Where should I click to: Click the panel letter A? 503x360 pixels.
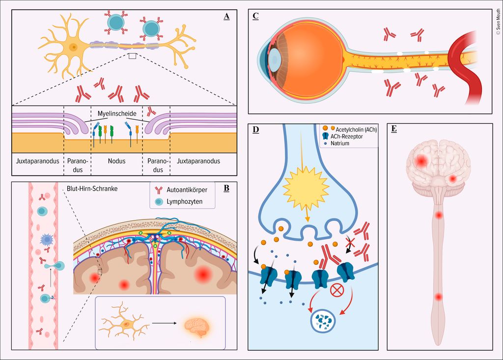point(226,16)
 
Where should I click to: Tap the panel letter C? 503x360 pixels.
point(255,16)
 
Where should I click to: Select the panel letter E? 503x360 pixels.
point(394,129)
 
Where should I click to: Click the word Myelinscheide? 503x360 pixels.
point(117,113)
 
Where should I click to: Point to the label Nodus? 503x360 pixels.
point(116,161)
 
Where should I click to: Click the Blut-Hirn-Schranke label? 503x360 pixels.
point(92,189)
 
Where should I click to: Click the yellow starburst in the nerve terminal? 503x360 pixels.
point(306,187)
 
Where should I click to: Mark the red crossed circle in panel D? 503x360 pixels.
point(337,290)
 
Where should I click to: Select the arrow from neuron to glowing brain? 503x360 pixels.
point(164,323)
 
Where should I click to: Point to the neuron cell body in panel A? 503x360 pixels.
point(73,47)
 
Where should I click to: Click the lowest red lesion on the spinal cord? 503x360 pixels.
point(438,297)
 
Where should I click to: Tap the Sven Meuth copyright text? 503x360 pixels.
point(498,22)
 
